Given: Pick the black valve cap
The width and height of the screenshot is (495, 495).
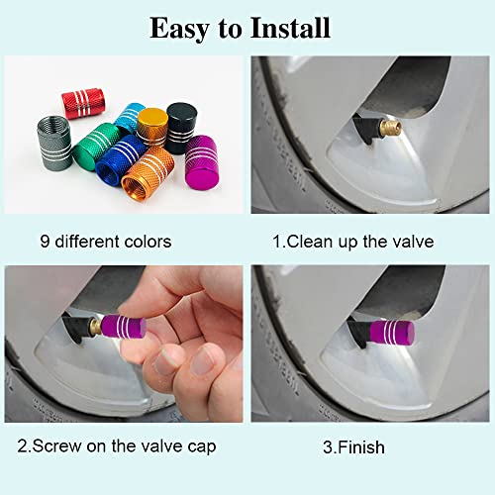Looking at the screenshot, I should pyautogui.click(x=180, y=126).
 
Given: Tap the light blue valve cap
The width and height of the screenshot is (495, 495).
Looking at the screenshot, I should pyautogui.click(x=130, y=118).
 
